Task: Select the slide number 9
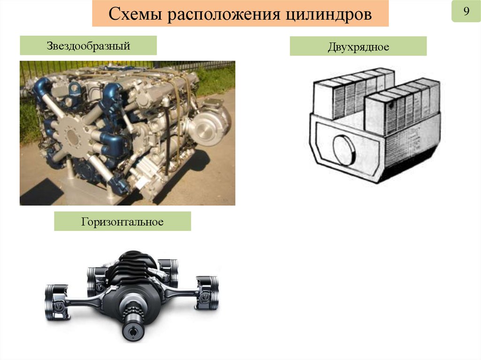[466, 11]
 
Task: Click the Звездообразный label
[88, 46]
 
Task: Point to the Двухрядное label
[358, 47]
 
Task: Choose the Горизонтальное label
[123, 222]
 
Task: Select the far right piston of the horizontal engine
[207, 292]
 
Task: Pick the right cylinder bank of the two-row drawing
[403, 107]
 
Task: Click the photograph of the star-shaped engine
[127, 133]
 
